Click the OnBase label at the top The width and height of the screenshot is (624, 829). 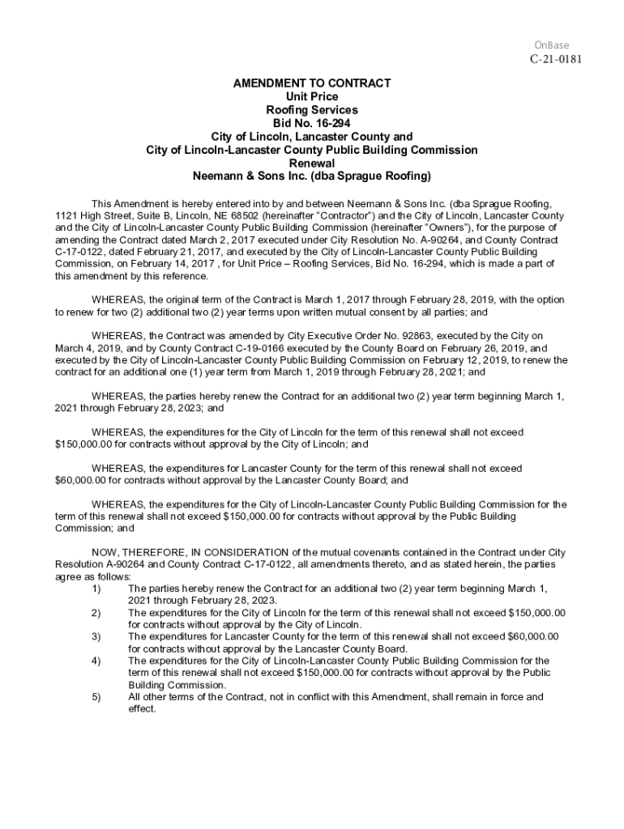click(x=552, y=45)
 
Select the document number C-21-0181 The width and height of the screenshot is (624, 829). click(x=556, y=59)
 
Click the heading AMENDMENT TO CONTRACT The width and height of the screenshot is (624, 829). click(x=312, y=83)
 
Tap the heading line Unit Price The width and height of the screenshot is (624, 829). click(x=312, y=97)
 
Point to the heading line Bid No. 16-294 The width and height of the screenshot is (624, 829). click(x=312, y=123)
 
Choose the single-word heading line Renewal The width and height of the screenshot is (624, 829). click(x=312, y=163)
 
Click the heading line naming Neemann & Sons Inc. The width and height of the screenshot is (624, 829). click(x=312, y=176)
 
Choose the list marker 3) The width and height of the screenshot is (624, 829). click(x=96, y=636)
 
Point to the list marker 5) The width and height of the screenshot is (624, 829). click(x=96, y=696)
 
